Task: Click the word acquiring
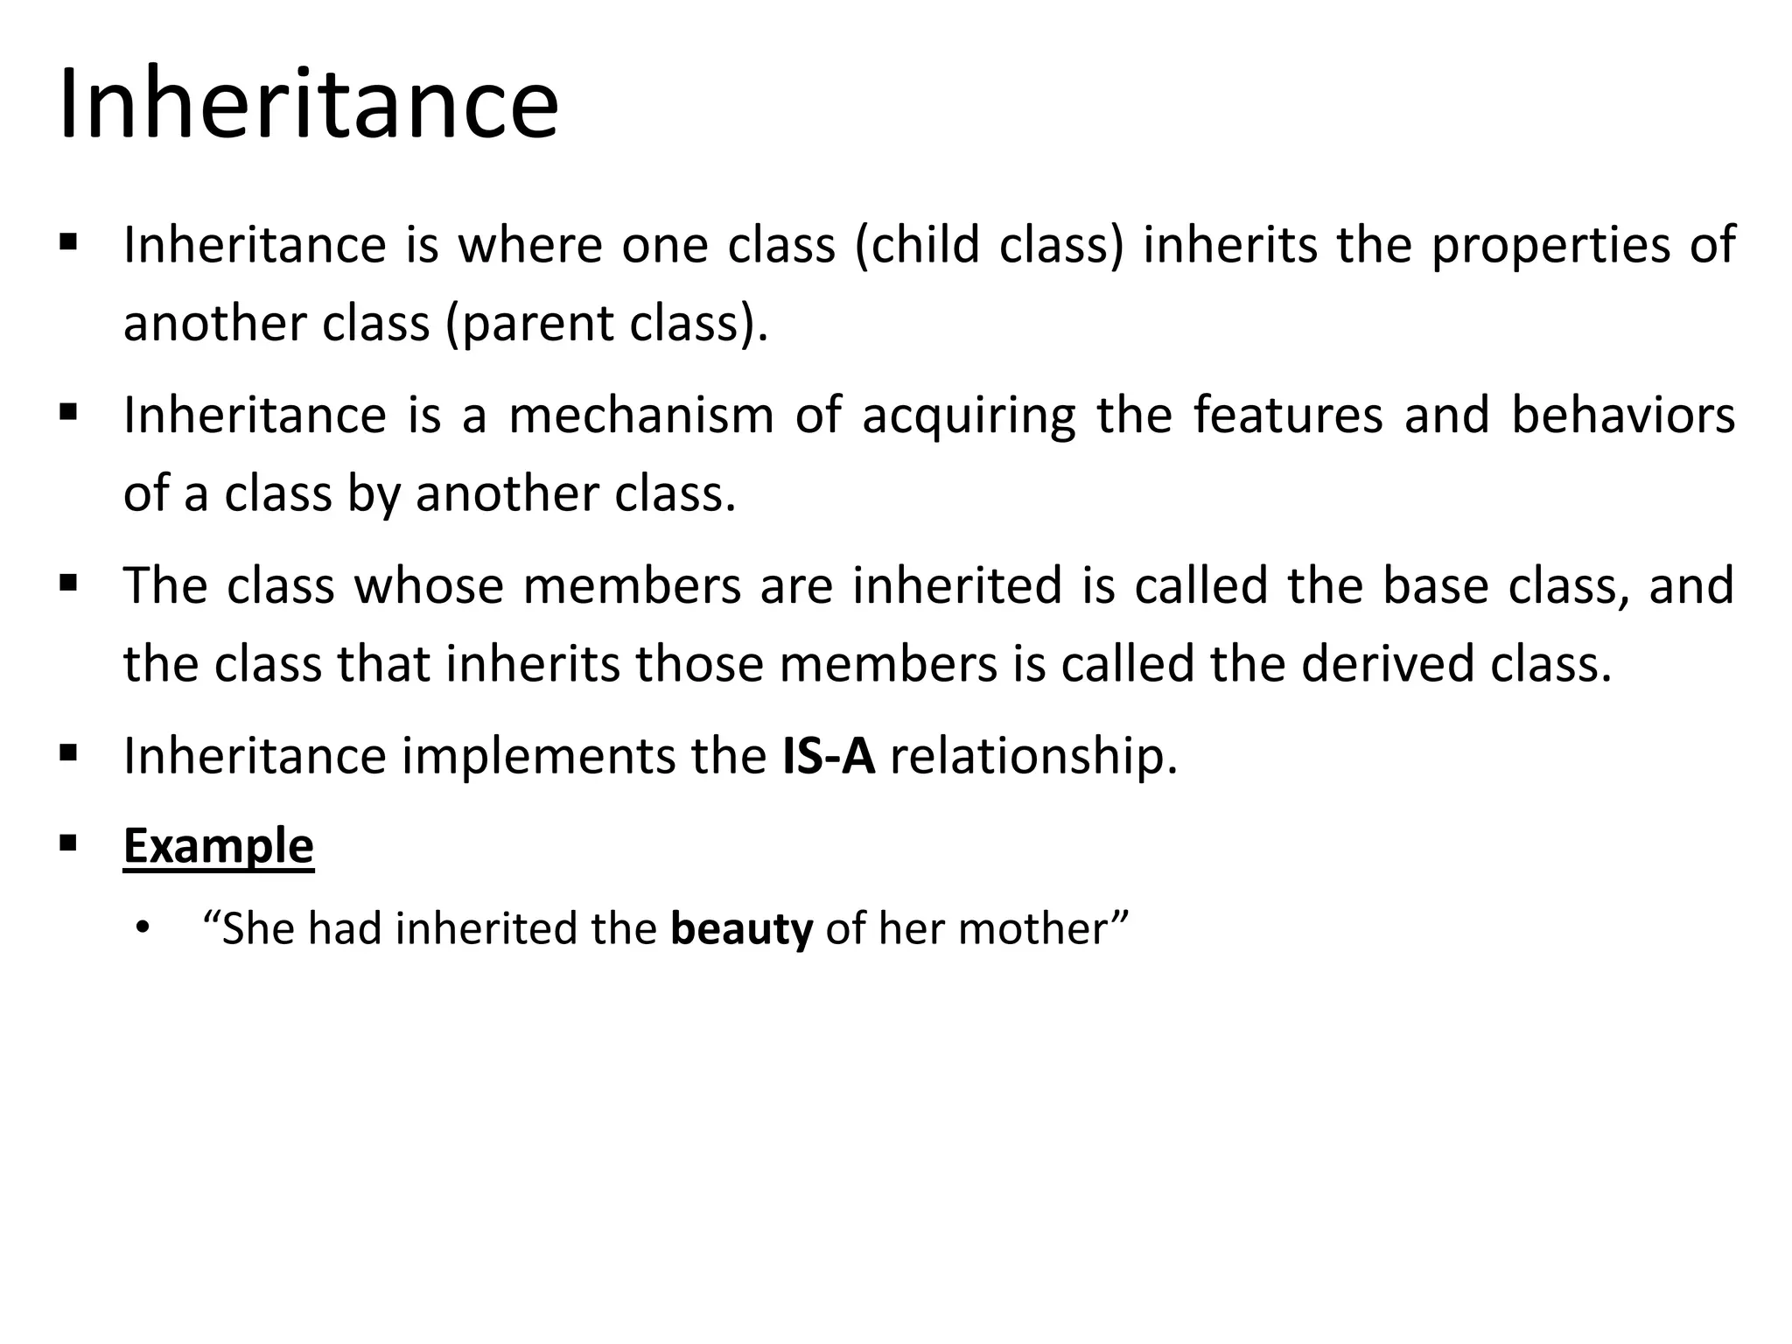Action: (969, 416)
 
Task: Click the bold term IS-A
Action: (829, 755)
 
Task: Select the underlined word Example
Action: (218, 845)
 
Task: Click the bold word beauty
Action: (742, 929)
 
